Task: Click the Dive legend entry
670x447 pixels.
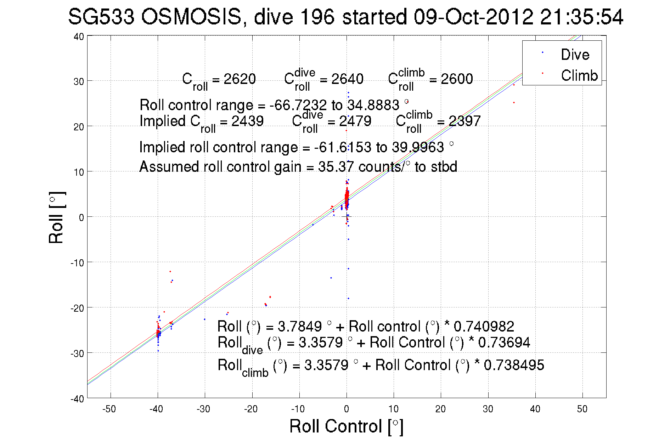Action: coord(575,55)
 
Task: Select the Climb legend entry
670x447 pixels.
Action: coord(579,75)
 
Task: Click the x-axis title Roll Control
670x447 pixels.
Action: coord(346,426)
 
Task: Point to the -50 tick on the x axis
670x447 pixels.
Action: coord(109,409)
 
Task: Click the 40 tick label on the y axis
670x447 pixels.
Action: coord(79,37)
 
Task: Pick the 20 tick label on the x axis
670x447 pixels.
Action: coord(440,409)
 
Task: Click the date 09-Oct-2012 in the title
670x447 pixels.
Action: coord(473,17)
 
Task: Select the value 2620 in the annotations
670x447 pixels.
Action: coord(240,79)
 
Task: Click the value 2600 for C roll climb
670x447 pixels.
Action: coord(457,79)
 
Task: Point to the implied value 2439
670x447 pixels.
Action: coord(247,121)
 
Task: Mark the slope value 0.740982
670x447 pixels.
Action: coord(484,326)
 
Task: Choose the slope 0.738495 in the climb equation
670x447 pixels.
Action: coord(514,365)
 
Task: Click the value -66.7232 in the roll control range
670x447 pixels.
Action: coord(298,105)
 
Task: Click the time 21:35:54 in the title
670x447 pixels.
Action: coord(581,17)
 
